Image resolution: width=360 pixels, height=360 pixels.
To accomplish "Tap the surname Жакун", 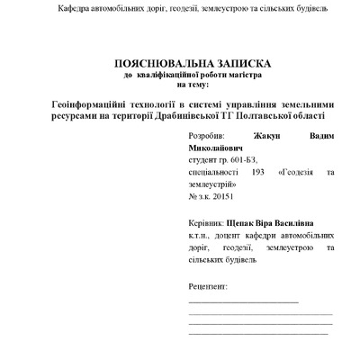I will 274,143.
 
